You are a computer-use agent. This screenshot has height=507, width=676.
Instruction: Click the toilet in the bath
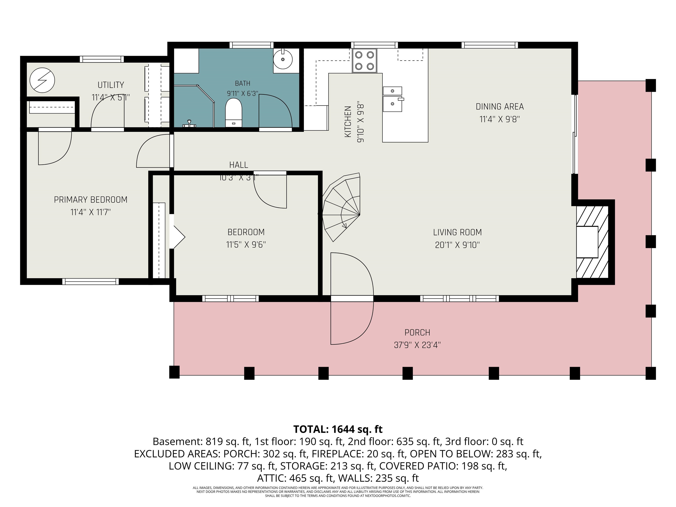point(233,112)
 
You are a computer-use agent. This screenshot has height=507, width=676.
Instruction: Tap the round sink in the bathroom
point(283,59)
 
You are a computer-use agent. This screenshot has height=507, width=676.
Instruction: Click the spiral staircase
point(341,207)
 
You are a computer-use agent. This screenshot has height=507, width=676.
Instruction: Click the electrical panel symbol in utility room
point(42,80)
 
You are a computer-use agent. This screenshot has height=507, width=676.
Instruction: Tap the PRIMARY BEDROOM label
point(90,200)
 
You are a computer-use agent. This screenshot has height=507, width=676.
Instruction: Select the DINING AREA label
point(500,107)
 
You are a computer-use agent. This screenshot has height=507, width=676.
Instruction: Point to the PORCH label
point(417,332)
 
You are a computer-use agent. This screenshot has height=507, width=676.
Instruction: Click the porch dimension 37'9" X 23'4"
point(417,345)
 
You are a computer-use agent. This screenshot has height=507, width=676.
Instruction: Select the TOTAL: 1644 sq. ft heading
point(338,429)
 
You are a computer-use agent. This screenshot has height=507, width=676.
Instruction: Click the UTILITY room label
point(111,85)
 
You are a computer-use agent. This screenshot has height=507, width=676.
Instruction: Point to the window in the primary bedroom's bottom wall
point(90,281)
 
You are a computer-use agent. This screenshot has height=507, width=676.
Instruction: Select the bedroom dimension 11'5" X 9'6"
point(246,244)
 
